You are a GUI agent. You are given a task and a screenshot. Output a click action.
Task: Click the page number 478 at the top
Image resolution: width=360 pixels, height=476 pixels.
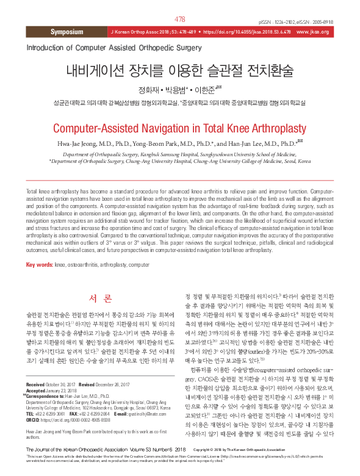tap(180, 20)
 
